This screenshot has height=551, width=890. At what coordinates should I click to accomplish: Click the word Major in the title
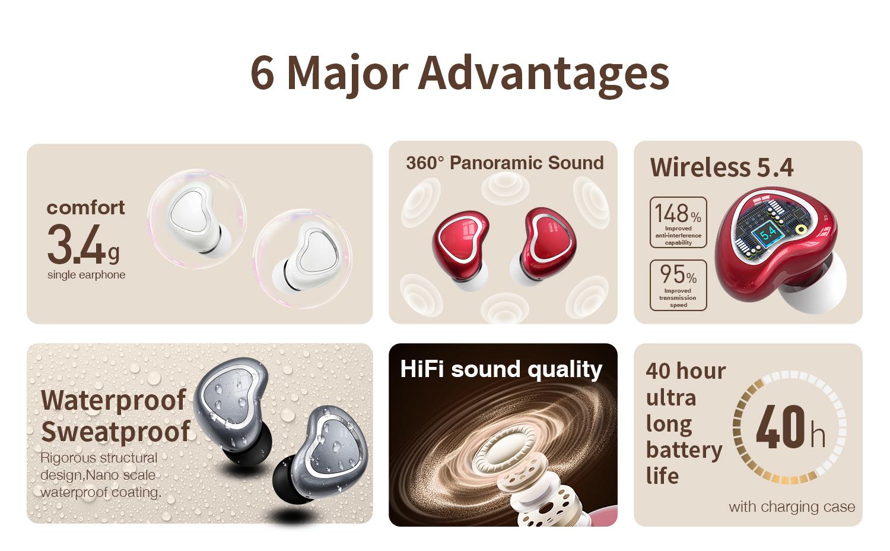click(347, 73)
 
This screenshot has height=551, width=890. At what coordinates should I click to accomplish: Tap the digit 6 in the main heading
click(262, 73)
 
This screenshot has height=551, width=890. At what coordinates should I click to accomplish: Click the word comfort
click(85, 207)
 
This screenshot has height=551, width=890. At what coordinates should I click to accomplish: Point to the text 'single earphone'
click(86, 275)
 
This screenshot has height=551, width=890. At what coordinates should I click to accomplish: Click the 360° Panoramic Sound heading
click(504, 163)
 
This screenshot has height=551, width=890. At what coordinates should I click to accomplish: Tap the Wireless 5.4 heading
click(721, 167)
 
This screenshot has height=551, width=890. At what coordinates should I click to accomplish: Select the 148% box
click(678, 222)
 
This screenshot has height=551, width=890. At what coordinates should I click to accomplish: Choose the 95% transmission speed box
click(678, 285)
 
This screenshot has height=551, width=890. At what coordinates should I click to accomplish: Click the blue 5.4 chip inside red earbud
click(767, 233)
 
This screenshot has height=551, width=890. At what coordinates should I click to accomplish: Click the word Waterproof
click(113, 400)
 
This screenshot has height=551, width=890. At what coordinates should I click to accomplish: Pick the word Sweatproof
click(116, 431)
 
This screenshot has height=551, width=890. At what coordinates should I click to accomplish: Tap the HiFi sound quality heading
click(501, 369)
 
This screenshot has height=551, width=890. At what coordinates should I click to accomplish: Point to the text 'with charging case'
click(792, 506)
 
